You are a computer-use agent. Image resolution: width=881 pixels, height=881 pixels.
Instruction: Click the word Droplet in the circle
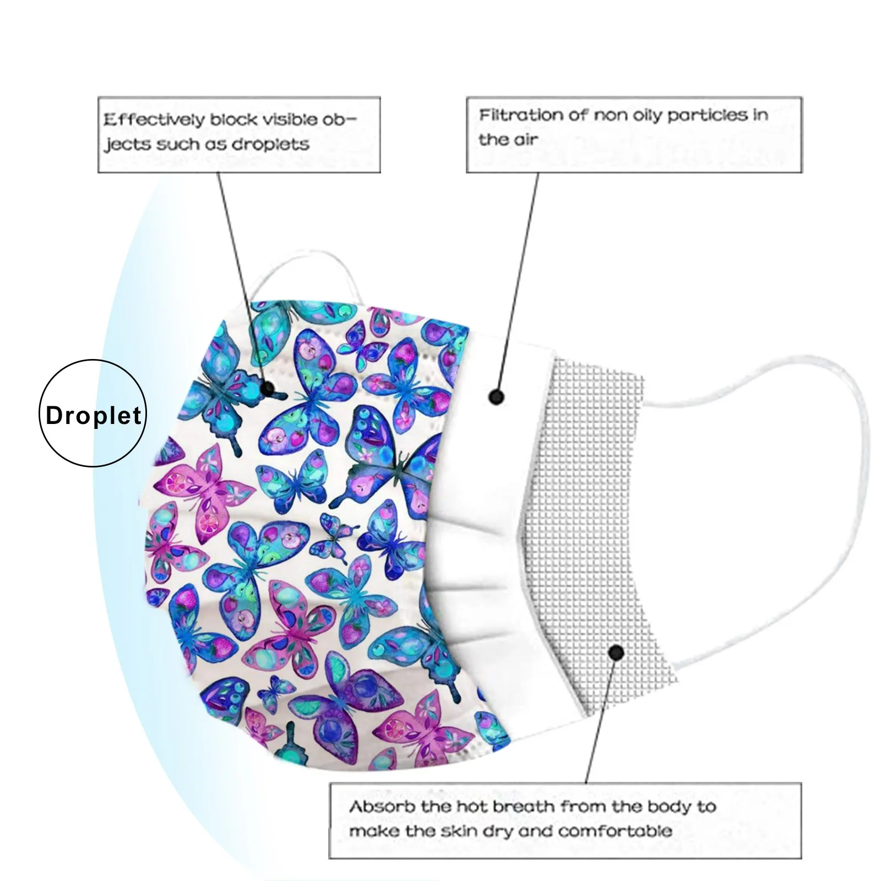(x=94, y=415)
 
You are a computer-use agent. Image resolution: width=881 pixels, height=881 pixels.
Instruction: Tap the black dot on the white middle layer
(x=496, y=396)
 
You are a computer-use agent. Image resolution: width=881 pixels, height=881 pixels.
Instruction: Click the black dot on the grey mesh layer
(x=617, y=653)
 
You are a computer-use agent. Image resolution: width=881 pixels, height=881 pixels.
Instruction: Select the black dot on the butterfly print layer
(x=268, y=389)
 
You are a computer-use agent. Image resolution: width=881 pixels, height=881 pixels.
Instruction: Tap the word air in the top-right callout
(x=525, y=140)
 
